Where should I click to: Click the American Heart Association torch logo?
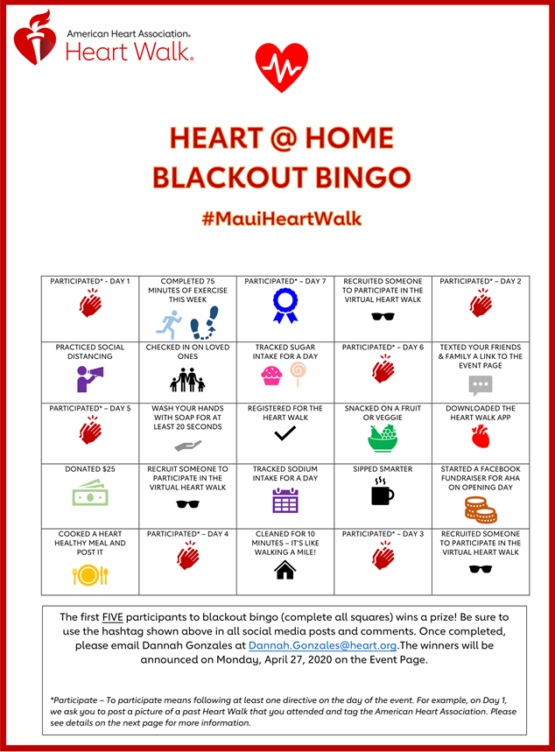pyautogui.click(x=35, y=37)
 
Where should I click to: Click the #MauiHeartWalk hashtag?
pyautogui.click(x=281, y=218)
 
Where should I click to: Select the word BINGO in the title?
pyautogui.click(x=359, y=178)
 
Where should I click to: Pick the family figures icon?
pyautogui.click(x=186, y=379)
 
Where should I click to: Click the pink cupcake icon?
pyautogui.click(x=271, y=377)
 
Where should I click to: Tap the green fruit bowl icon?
pyautogui.click(x=382, y=437)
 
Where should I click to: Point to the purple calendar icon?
pyautogui.click(x=285, y=500)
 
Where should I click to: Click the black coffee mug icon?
pyautogui.click(x=382, y=494)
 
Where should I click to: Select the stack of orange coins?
pyautogui.click(x=480, y=509)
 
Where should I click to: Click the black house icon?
pyautogui.click(x=285, y=570)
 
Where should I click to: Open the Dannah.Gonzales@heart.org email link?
pyautogui.click(x=323, y=645)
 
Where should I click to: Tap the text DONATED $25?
pyautogui.click(x=90, y=469)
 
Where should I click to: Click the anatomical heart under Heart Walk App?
pyautogui.click(x=480, y=436)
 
